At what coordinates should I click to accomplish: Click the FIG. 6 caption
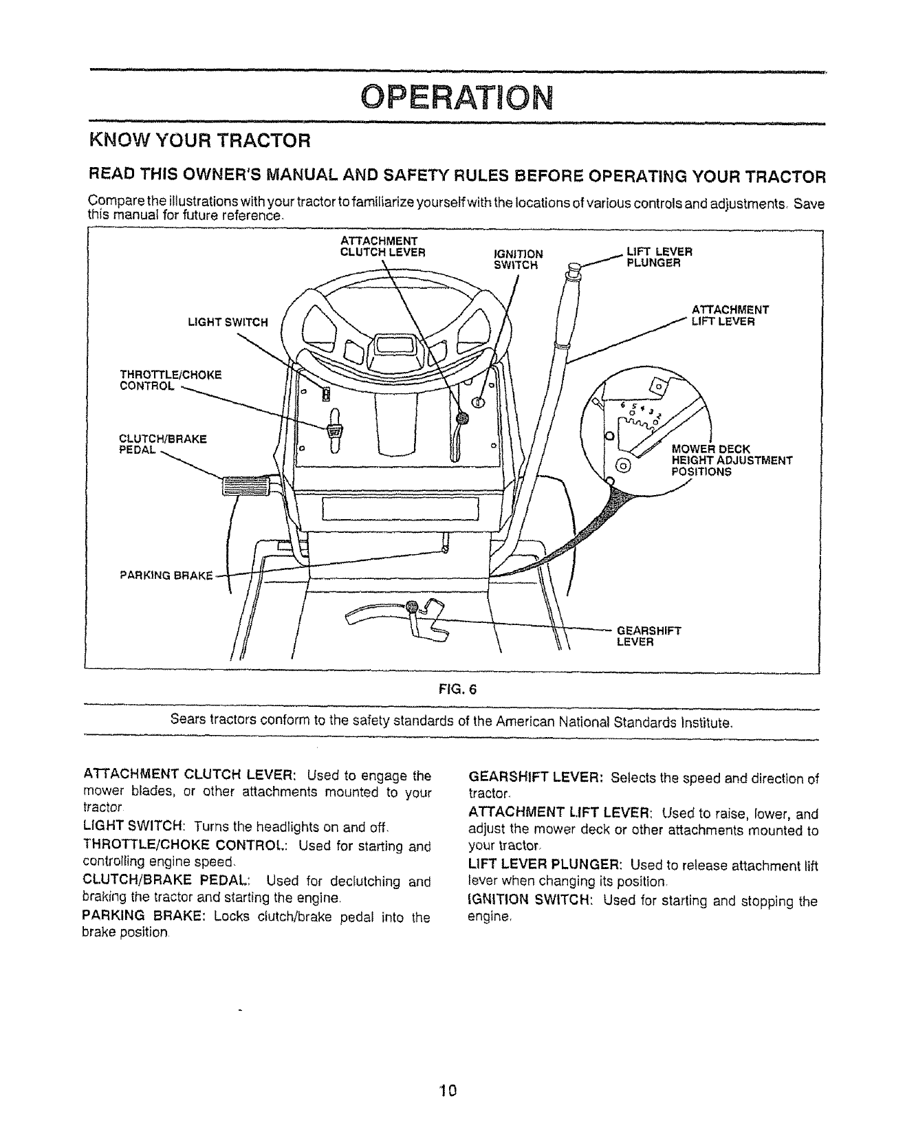coord(451,692)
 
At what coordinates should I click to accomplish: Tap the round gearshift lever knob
coord(412,606)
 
